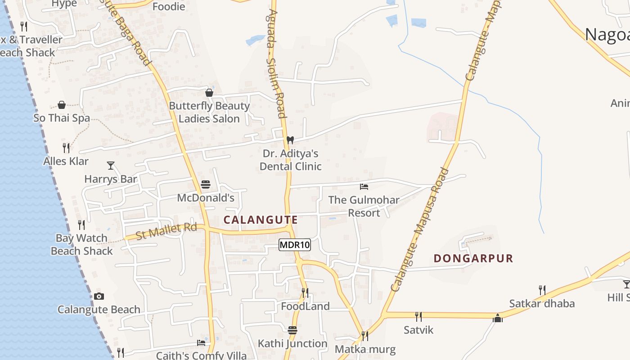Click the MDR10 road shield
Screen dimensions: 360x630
coord(295,245)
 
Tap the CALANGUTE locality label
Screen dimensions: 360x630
coord(261,220)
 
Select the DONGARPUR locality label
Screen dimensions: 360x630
coord(473,258)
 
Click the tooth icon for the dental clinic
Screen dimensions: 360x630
coord(290,140)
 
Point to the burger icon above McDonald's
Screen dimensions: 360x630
coord(206,184)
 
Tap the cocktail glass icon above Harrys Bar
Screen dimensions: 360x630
coord(111,166)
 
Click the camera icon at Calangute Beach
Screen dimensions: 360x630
coord(99,296)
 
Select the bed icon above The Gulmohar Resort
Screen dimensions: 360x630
coord(364,186)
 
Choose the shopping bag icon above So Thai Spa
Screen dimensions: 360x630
coord(62,105)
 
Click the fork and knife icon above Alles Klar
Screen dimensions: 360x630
coord(66,148)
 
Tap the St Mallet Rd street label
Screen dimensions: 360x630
coord(166,231)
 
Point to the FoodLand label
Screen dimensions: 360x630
coord(305,306)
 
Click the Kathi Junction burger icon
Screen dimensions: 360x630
coord(292,330)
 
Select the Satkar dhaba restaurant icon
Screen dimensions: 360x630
coord(542,290)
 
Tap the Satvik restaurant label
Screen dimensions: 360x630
coord(418,330)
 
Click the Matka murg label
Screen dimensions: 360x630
coord(365,349)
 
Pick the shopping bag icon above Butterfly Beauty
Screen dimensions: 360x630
coord(209,93)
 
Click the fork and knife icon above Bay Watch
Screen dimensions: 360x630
coord(81,225)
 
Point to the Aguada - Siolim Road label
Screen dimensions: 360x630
coord(275,63)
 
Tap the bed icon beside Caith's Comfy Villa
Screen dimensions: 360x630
coord(201,343)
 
